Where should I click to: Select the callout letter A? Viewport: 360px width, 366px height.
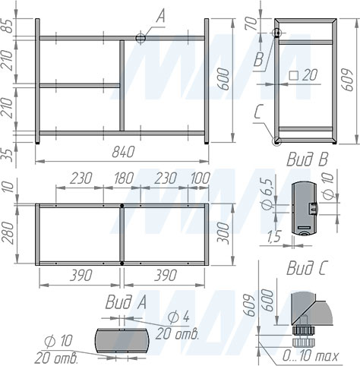(x=160, y=14)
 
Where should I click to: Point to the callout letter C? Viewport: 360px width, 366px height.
(x=259, y=112)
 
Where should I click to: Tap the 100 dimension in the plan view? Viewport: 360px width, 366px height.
(x=200, y=178)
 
